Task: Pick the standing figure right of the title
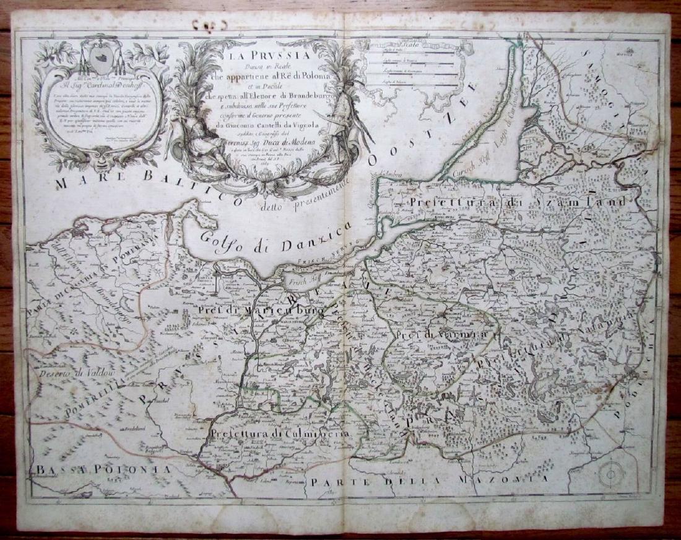(x=339, y=127)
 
